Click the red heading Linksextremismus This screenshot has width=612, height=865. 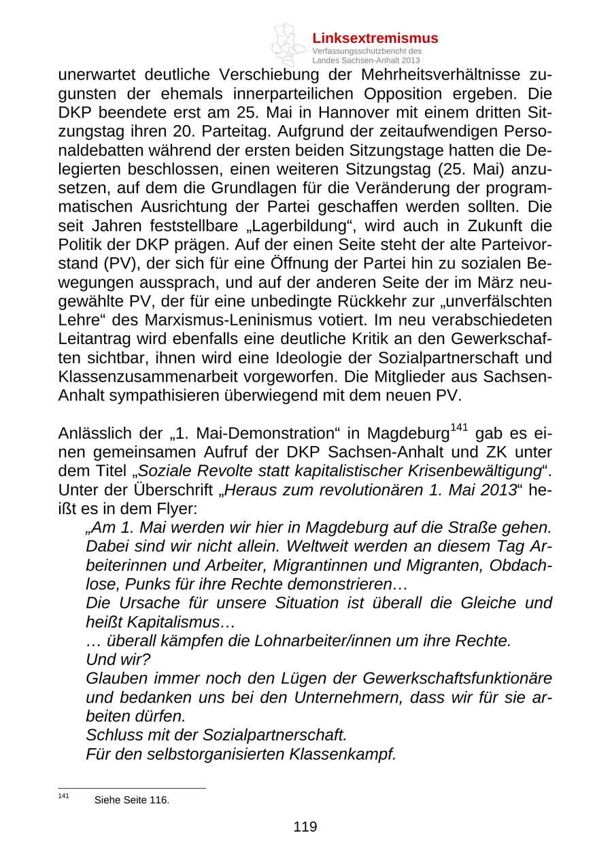[x=375, y=38]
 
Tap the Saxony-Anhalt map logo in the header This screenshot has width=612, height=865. [x=288, y=45]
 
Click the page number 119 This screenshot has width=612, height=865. [x=305, y=827]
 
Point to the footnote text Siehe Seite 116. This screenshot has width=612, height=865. [x=132, y=800]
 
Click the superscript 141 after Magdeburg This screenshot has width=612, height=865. [x=460, y=428]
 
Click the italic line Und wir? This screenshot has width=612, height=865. [x=118, y=660]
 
